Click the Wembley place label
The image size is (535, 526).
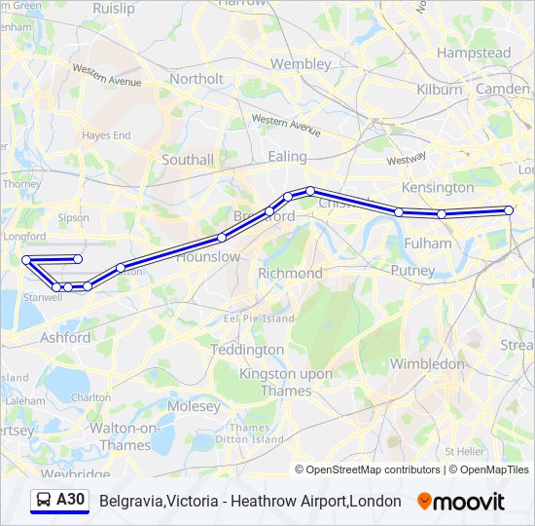(301, 63)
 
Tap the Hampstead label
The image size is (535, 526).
(474, 53)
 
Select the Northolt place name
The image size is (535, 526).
(196, 79)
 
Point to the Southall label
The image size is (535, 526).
(188, 159)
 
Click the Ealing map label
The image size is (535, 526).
(287, 156)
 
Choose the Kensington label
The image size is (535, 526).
(438, 187)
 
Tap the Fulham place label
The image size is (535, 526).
(428, 243)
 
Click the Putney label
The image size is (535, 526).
(412, 270)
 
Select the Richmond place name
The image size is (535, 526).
(290, 274)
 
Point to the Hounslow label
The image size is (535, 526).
(208, 256)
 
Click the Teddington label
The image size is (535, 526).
(247, 349)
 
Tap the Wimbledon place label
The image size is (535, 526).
(427, 363)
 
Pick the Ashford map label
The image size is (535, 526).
(65, 338)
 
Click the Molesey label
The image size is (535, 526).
(195, 405)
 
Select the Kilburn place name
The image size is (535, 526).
(440, 89)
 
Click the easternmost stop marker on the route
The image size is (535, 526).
(509, 210)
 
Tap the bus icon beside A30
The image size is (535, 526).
(43, 501)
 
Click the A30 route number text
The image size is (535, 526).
(71, 501)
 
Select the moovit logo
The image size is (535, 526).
(461, 502)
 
